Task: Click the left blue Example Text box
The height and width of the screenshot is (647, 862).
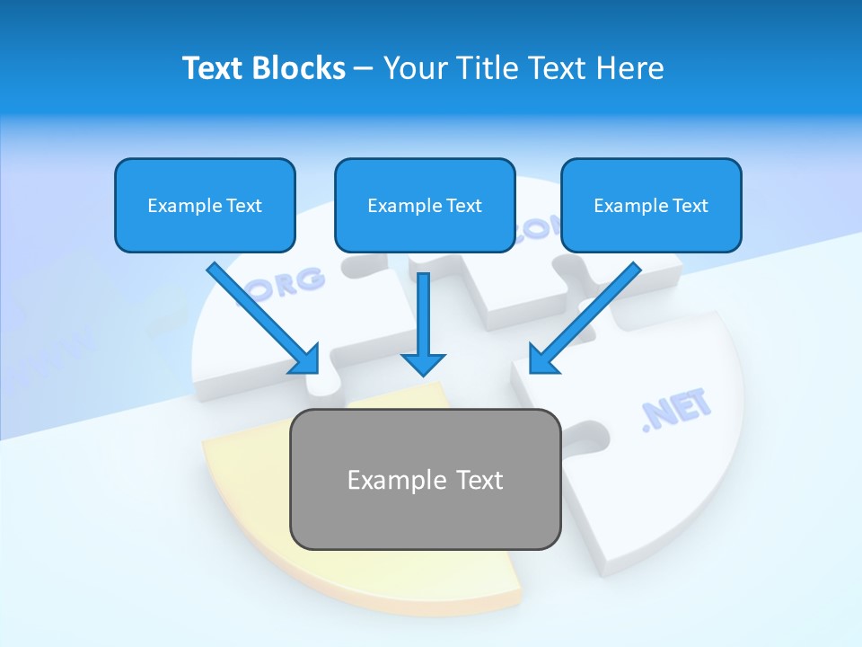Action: point(205,205)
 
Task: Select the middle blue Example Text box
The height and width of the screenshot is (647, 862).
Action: point(425,205)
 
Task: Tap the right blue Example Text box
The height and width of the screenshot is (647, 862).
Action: point(651,205)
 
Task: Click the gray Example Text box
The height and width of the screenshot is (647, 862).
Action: point(425,479)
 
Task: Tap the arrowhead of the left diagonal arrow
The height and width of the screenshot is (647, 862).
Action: point(306,360)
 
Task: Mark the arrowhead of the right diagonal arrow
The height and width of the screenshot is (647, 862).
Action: point(541,360)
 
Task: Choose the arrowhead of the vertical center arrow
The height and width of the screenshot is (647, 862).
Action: point(423,363)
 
